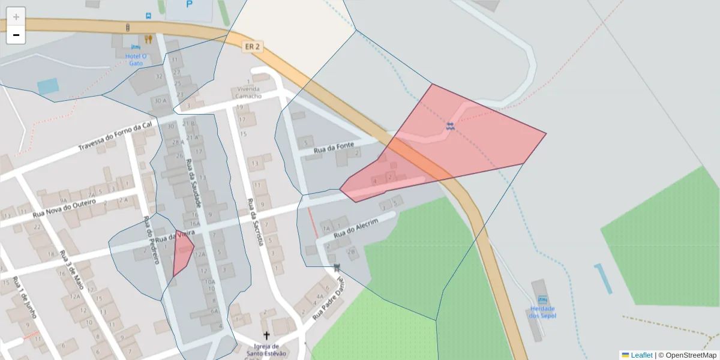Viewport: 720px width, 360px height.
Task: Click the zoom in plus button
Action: coord(16,17)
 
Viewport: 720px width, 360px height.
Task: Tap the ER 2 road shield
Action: coord(252,47)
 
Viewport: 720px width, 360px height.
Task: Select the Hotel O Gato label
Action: coord(136,59)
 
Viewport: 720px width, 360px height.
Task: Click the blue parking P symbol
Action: coord(190,5)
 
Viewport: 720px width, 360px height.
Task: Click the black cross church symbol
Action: coord(266,335)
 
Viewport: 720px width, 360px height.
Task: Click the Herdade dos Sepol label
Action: coord(542,312)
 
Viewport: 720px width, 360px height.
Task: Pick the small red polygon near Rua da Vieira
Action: coord(182,252)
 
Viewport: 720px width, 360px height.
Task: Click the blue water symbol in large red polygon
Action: coord(450,126)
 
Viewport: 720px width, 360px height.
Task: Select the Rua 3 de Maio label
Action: coord(71,270)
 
